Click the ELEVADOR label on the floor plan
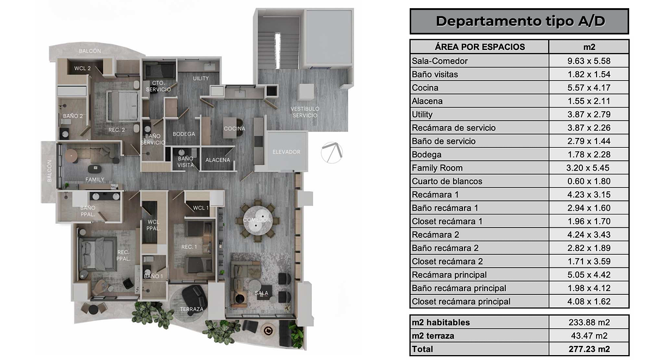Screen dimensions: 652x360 [x=286, y=152]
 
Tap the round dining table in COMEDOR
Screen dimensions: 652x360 [x=258, y=220]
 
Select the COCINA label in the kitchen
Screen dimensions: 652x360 [x=234, y=129]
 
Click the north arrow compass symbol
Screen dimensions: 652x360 [x=332, y=153]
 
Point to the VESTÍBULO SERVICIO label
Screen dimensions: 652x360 [x=305, y=112]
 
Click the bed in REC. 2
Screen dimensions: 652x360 [x=122, y=105]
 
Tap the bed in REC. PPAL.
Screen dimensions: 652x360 [x=97, y=254]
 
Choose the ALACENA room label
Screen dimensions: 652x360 [x=217, y=160]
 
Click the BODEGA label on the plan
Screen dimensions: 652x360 [x=184, y=134]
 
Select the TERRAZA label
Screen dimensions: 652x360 [x=191, y=309]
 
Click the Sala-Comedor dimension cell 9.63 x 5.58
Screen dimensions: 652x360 [x=588, y=61]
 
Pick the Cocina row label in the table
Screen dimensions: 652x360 [x=425, y=88]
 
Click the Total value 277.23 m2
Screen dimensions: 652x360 [x=589, y=349]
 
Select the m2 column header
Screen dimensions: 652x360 [x=589, y=47]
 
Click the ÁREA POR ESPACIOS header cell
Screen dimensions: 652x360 [x=480, y=47]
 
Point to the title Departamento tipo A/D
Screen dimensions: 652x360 [x=520, y=21]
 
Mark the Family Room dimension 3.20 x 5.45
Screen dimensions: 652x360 [x=588, y=168]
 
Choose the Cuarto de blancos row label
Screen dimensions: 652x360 [x=447, y=181]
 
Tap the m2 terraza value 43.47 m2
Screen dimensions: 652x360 [x=589, y=336]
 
